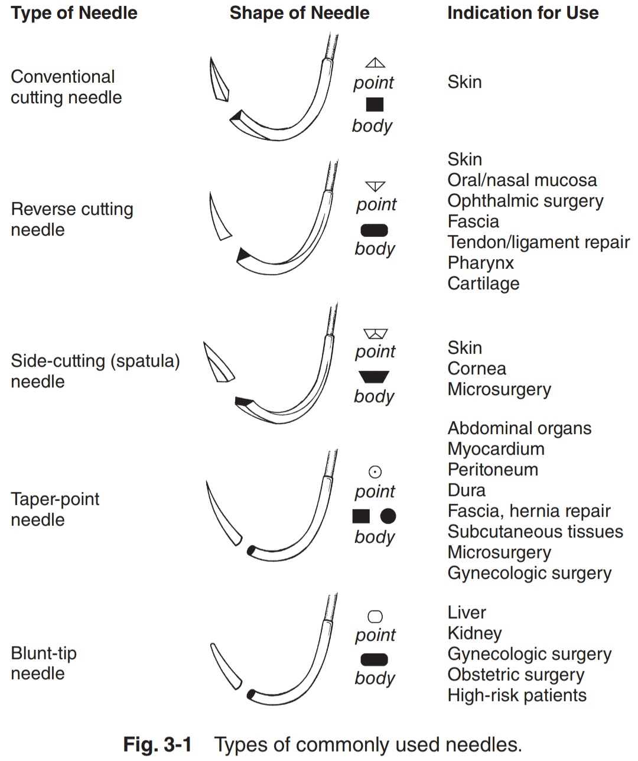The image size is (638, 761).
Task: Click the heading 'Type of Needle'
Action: tap(74, 13)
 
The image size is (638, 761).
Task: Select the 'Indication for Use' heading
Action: tap(523, 13)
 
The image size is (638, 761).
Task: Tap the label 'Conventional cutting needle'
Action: tap(66, 87)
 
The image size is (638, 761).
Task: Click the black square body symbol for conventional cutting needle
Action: tap(375, 105)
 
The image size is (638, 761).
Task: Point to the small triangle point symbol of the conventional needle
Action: tap(375, 63)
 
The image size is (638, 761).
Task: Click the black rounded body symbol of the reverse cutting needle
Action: tap(374, 230)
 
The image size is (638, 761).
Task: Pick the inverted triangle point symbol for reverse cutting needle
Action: tap(375, 186)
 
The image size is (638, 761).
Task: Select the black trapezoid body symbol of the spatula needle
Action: tap(374, 377)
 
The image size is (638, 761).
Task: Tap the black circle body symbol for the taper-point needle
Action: tap(388, 516)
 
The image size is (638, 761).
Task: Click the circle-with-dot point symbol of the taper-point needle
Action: tap(375, 471)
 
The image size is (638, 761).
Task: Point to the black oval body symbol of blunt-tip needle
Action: tap(374, 659)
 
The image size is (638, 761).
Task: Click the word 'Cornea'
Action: tap(476, 369)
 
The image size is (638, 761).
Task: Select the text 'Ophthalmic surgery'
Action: tap(525, 201)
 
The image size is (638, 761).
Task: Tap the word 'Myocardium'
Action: tap(496, 449)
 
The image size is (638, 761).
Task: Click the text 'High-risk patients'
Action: tap(517, 695)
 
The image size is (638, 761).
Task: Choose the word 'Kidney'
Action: tap(474, 633)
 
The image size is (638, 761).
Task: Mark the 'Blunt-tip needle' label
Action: tap(44, 663)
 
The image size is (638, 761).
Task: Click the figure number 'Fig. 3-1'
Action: tap(157, 744)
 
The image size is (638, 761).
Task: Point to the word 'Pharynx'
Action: tap(480, 263)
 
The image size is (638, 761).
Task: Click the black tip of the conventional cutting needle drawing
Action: tap(236, 115)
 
